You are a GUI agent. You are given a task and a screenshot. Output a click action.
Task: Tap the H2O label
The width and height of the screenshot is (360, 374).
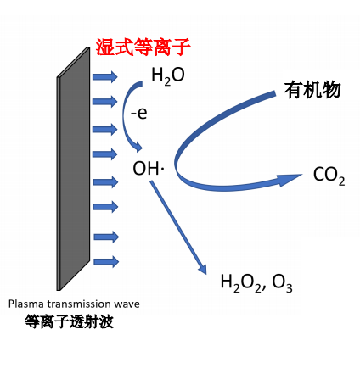point(167,76)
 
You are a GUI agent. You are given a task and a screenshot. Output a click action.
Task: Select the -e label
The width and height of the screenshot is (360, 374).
point(138,113)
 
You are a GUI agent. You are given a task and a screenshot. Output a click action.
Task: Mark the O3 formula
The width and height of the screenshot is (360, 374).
point(283,282)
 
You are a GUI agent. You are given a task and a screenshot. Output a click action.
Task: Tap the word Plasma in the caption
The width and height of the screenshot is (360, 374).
point(26,304)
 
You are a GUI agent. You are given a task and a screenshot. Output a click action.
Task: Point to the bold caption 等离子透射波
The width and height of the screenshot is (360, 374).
point(70,322)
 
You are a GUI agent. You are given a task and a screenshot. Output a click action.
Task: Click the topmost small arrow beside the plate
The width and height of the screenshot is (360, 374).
point(104,77)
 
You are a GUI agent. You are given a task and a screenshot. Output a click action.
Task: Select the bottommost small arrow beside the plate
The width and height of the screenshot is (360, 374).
point(104,261)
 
